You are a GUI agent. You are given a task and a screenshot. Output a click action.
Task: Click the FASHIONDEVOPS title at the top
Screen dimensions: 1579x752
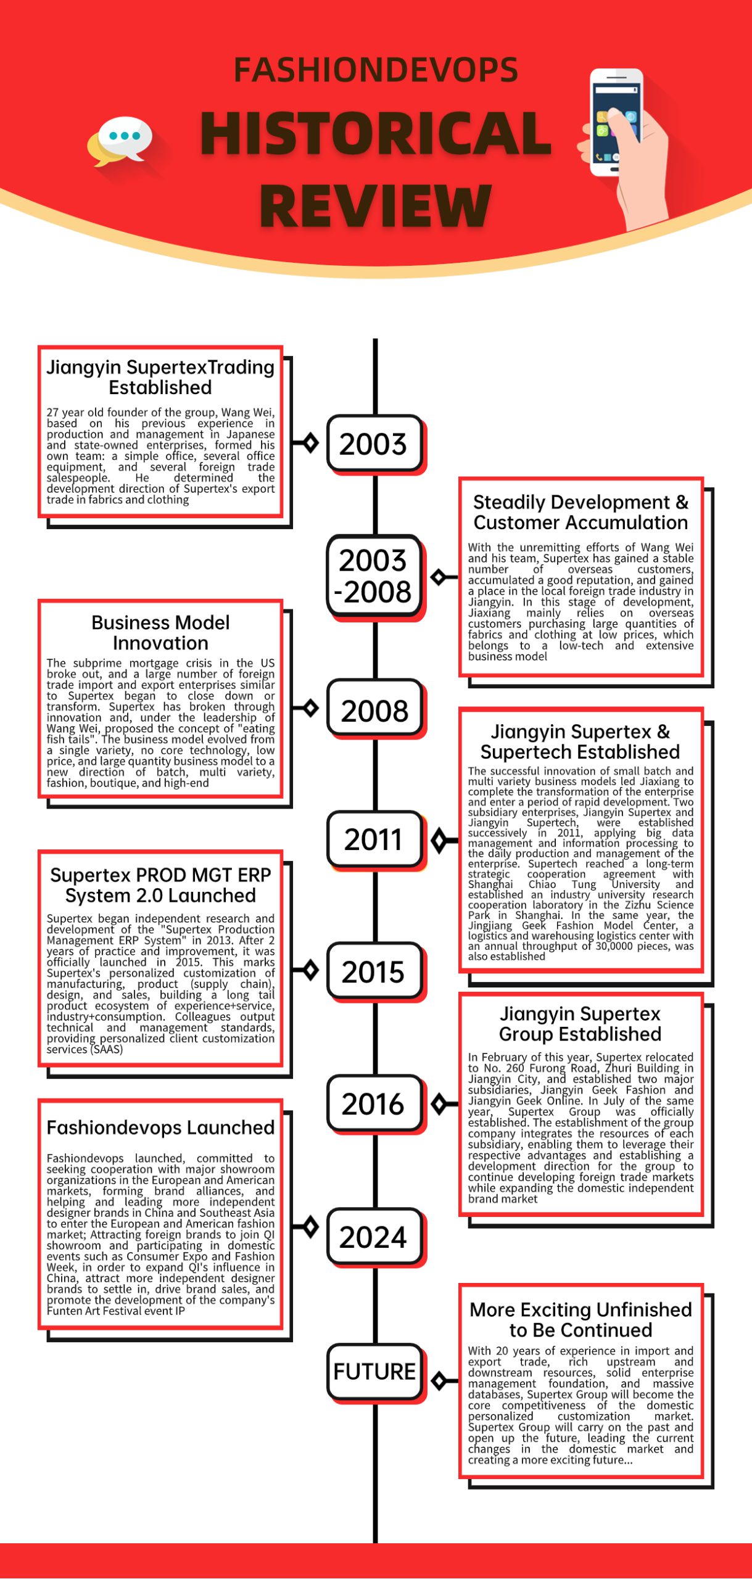(376, 70)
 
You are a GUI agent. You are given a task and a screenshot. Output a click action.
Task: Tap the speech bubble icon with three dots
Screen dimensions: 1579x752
(124, 139)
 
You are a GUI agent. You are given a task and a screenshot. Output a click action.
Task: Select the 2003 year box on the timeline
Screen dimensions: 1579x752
(374, 443)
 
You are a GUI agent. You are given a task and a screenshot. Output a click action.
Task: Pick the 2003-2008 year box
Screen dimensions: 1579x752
(374, 575)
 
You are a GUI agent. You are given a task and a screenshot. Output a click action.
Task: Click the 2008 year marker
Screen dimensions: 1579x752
(374, 711)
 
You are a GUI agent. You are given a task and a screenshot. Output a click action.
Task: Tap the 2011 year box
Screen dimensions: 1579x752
(374, 839)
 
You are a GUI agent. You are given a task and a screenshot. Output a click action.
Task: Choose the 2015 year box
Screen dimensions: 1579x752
(374, 971)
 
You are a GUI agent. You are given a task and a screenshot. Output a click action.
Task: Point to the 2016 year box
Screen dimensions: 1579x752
(374, 1103)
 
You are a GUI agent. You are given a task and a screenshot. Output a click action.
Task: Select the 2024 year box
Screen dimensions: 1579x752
(374, 1237)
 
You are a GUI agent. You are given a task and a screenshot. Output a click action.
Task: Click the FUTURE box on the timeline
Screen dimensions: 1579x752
(374, 1371)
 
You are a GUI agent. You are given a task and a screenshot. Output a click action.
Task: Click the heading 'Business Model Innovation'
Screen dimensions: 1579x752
(160, 632)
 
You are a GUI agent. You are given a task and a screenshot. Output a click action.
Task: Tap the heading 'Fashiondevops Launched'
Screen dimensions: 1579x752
(160, 1128)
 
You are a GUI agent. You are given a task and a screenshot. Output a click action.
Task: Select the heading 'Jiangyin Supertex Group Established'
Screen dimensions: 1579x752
(580, 1023)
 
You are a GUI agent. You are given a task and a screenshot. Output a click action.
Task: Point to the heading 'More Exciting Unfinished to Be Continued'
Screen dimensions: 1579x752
(580, 1319)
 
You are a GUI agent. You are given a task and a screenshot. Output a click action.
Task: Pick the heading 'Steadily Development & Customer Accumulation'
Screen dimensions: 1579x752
(580, 512)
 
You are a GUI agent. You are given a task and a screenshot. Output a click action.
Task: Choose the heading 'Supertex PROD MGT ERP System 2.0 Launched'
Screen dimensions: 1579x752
(160, 884)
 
